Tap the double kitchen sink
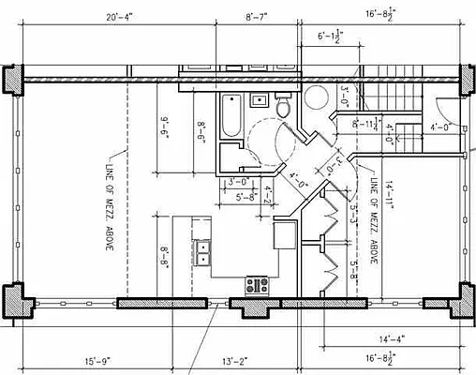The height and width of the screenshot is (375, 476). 202,251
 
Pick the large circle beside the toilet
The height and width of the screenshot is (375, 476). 316,96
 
